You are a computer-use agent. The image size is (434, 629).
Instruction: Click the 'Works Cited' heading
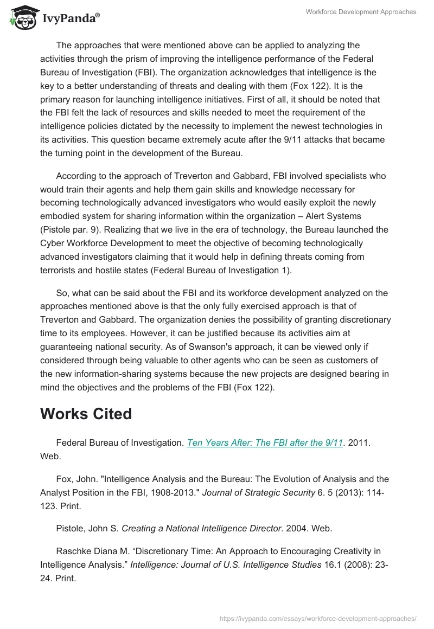tap(86, 414)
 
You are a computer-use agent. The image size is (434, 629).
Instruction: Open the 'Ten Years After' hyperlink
tap(265, 443)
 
